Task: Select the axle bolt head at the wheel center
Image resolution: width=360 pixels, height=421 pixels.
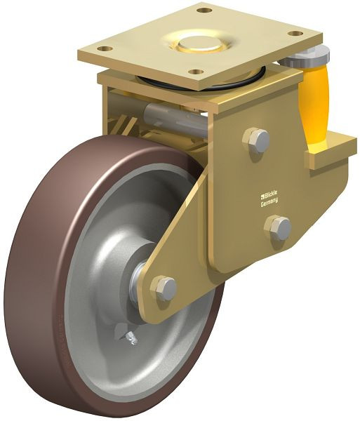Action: pyautogui.click(x=165, y=288)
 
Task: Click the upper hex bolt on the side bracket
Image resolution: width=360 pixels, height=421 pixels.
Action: pyautogui.click(x=257, y=140)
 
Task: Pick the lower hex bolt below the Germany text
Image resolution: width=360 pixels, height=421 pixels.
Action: pyautogui.click(x=279, y=227)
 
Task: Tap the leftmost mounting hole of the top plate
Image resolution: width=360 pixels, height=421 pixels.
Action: pyautogui.click(x=104, y=49)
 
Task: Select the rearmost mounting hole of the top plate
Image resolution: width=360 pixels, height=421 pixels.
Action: pyautogui.click(x=204, y=11)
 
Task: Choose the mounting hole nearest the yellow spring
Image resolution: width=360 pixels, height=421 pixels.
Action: pyautogui.click(x=296, y=33)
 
